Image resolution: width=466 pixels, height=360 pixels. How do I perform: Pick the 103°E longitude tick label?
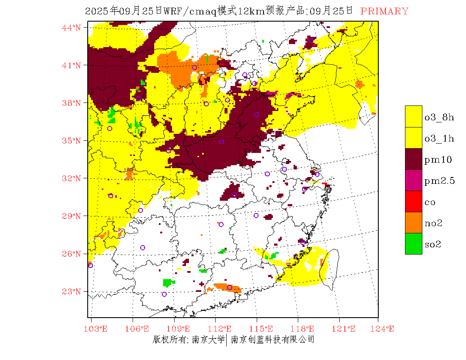[x=97, y=329]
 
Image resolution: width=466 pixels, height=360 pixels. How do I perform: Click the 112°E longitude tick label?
[x=222, y=329]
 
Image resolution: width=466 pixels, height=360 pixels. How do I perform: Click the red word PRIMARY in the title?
[x=384, y=11]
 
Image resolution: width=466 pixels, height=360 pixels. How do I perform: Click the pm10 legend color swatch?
[x=413, y=159]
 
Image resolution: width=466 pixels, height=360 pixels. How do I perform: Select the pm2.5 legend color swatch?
[x=413, y=180]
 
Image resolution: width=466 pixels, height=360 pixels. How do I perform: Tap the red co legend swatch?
[x=413, y=202]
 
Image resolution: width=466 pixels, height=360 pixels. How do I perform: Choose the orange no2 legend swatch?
[x=413, y=223]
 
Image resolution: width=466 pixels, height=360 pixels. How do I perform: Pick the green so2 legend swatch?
[x=413, y=244]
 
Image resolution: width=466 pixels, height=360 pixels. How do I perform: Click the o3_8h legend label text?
[x=439, y=117]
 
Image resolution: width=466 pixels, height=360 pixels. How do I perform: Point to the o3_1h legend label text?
[x=439, y=138]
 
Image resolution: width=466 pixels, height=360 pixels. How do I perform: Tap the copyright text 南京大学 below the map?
[x=208, y=340]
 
